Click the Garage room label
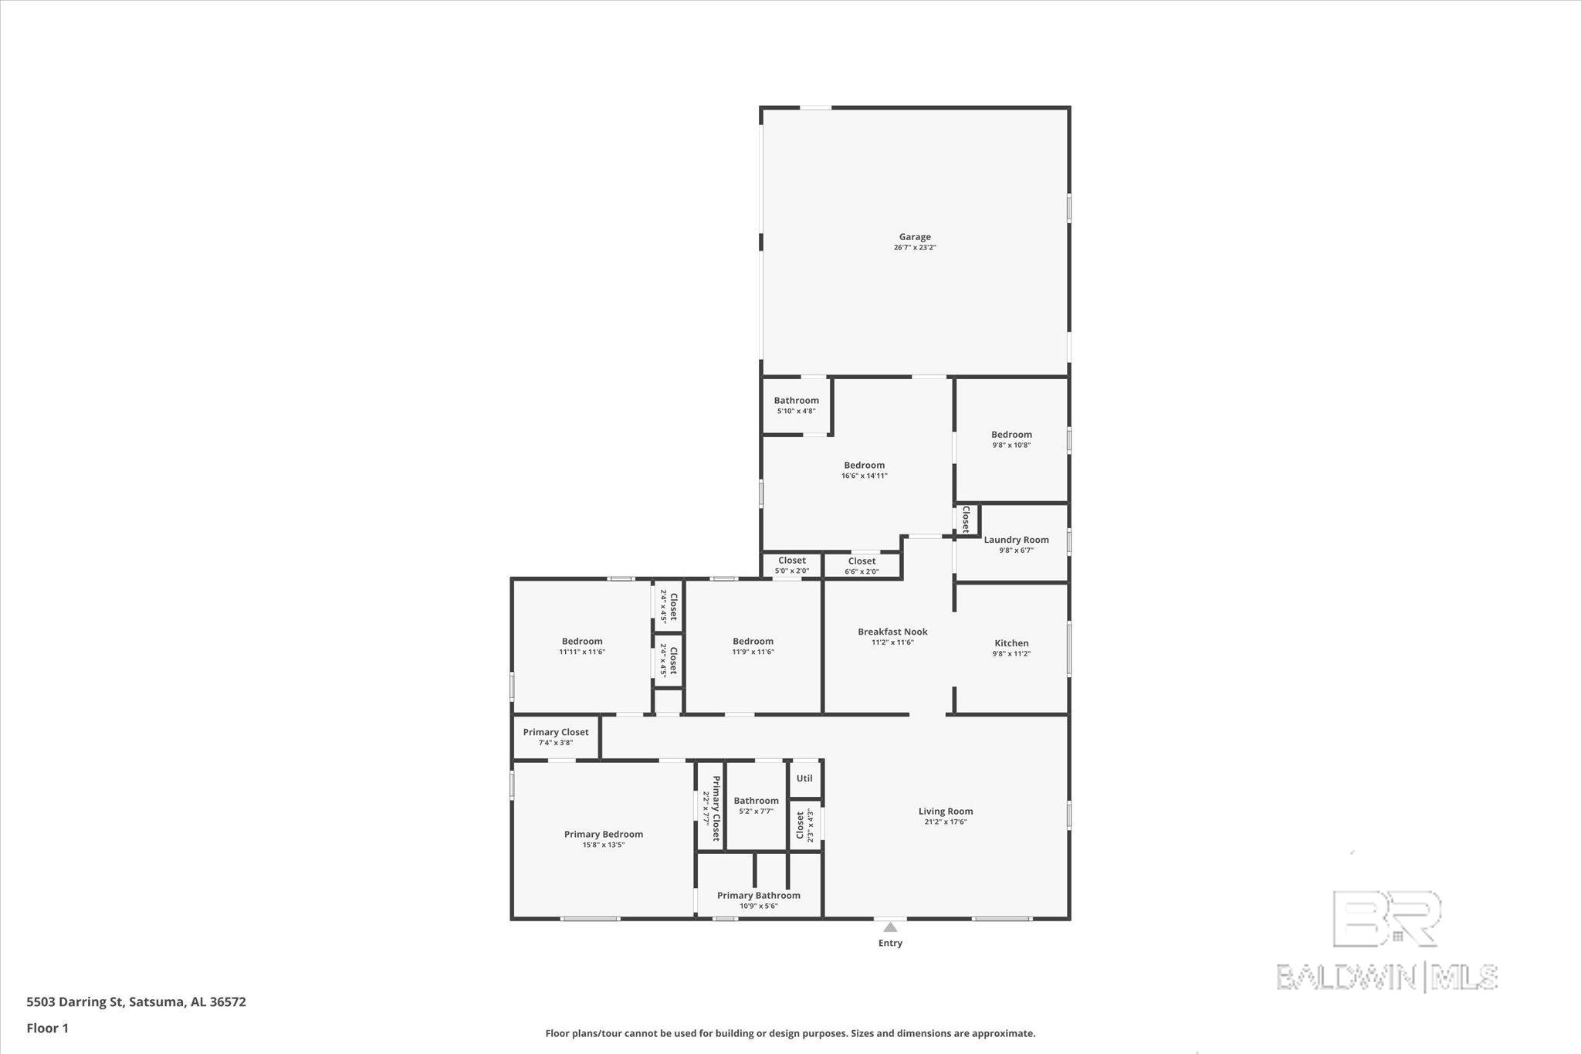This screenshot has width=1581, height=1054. [x=915, y=237]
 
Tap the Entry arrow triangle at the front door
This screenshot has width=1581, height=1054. [x=890, y=927]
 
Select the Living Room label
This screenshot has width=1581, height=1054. [x=946, y=811]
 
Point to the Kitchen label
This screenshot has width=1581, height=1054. [x=1011, y=643]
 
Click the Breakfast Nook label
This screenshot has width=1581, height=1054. [x=892, y=632]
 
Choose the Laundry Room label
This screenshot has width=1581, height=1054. [x=1016, y=540]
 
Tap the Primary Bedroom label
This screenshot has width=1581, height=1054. [x=604, y=834]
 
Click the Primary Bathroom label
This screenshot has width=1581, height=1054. [x=759, y=896]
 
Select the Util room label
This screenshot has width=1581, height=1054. [x=804, y=778]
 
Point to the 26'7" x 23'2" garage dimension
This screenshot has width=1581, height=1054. [x=915, y=248]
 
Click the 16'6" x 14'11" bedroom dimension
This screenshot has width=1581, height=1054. [x=865, y=476]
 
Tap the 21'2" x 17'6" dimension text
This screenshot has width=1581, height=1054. [x=946, y=822]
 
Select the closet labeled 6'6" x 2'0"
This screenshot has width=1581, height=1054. [x=862, y=566]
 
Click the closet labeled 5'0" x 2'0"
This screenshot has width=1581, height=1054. [x=792, y=565]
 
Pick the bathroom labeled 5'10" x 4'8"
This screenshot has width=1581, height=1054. [x=797, y=405]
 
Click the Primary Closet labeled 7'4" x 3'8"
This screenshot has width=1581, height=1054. [x=556, y=737]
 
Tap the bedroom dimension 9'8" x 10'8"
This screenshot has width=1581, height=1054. [x=1011, y=446]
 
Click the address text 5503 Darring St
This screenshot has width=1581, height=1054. [x=75, y=1002]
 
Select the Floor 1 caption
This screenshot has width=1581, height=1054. [x=48, y=1029]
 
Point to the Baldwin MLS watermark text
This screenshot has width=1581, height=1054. [x=1387, y=977]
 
